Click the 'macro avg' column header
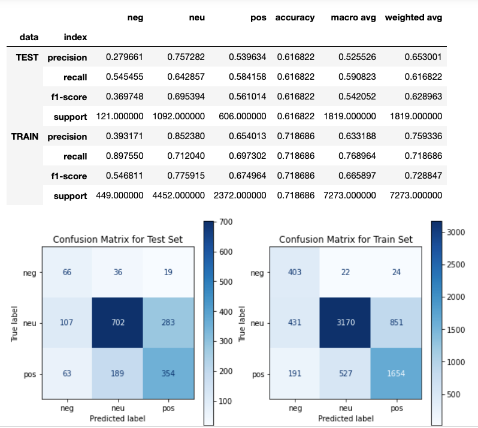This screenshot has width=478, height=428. [x=353, y=18]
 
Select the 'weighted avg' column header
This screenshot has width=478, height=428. [x=413, y=18]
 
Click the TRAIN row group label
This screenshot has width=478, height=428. [x=25, y=137]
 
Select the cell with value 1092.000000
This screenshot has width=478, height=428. [x=179, y=116]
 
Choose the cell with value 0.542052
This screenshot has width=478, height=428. [x=356, y=97]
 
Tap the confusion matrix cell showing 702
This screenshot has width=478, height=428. [x=117, y=322]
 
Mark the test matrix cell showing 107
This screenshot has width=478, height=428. [x=67, y=322]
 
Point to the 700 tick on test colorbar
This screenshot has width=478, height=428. [x=224, y=222]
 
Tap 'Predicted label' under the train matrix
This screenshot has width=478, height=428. [x=344, y=418]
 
